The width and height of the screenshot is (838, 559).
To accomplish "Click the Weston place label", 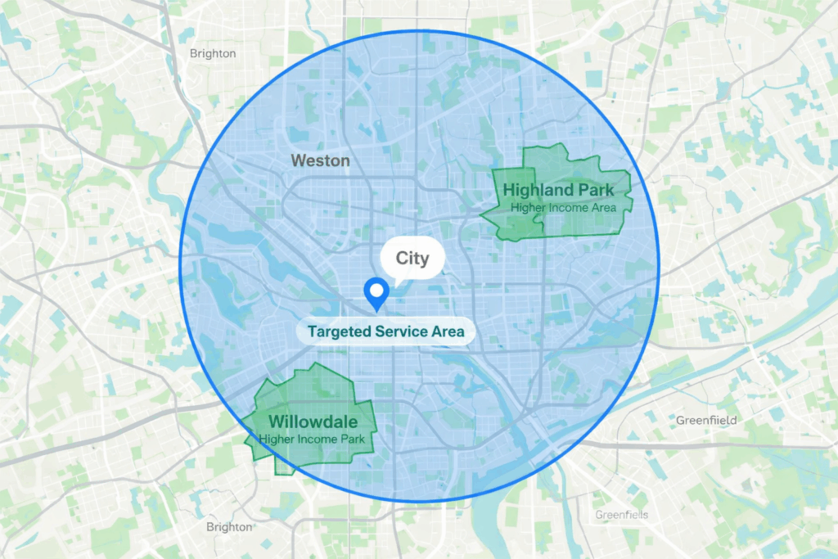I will pos(320,160).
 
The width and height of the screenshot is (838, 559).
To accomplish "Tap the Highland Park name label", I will pos(558,191).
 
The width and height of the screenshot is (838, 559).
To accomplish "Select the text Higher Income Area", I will pos(563,208).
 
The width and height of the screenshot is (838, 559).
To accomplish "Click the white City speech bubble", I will pos(412,259).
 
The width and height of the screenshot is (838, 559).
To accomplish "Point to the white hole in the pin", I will pos(376,289).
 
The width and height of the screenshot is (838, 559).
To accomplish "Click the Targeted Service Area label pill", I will pos(385,331).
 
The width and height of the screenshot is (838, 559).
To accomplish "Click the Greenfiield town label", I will pos(706,420).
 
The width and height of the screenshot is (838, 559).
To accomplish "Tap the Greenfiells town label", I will pos(621,515).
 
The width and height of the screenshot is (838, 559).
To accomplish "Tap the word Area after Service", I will pos(448,332).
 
